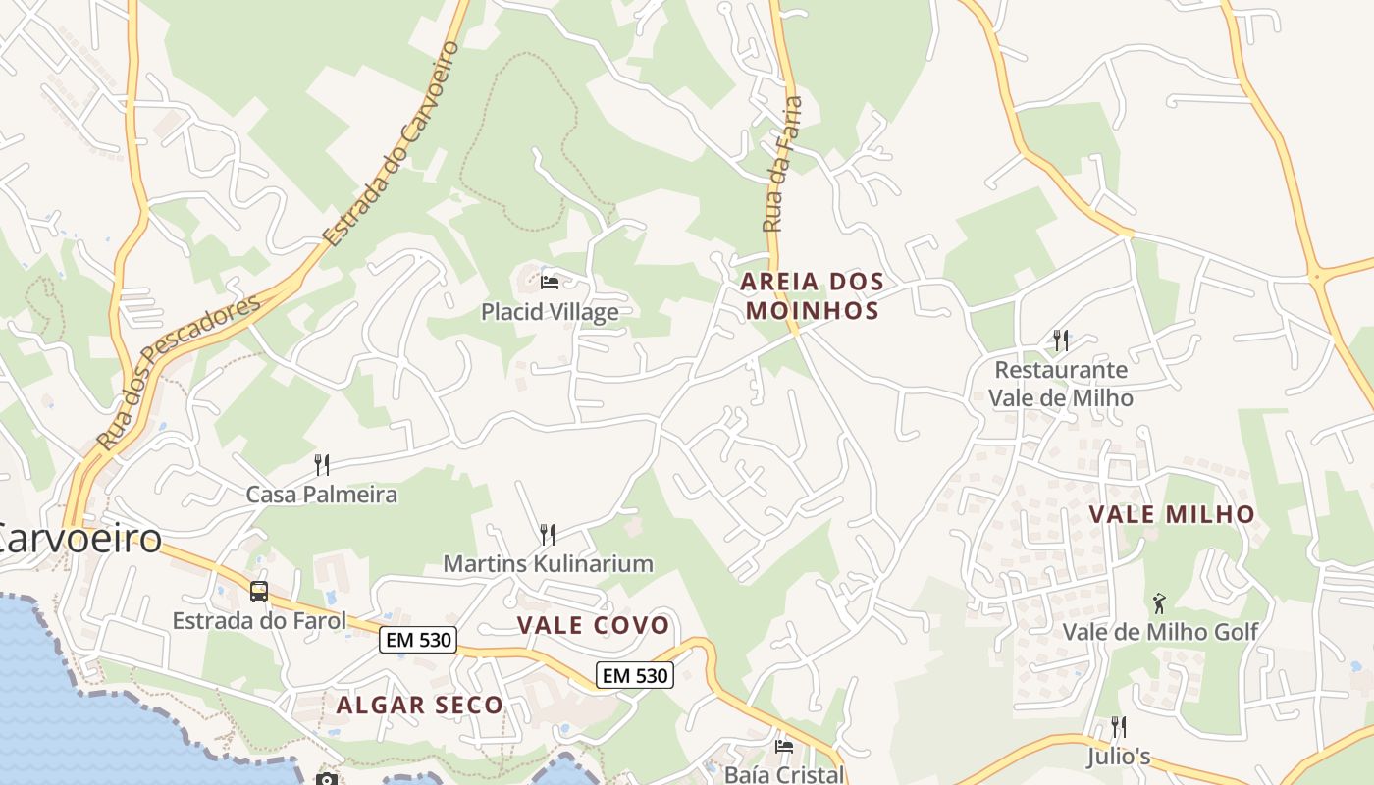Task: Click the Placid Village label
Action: [550, 312]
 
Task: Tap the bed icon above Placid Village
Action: [550, 283]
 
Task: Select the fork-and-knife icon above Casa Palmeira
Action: [321, 463]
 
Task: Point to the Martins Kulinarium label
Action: [548, 563]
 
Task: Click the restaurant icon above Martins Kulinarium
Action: [548, 534]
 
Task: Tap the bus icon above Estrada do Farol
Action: [259, 592]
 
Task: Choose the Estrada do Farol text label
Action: [259, 620]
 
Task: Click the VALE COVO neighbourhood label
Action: [593, 625]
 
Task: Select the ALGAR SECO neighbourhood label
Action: [419, 705]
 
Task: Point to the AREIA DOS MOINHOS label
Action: [812, 296]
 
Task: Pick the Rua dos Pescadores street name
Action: [180, 373]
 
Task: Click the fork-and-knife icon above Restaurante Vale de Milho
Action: [1061, 340]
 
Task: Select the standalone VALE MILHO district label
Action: [1172, 514]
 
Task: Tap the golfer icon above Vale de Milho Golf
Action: [1160, 602]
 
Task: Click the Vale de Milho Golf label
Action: [1160, 632]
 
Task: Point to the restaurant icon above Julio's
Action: [1118, 727]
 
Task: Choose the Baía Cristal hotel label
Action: [783, 774]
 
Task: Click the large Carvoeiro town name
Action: [79, 538]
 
